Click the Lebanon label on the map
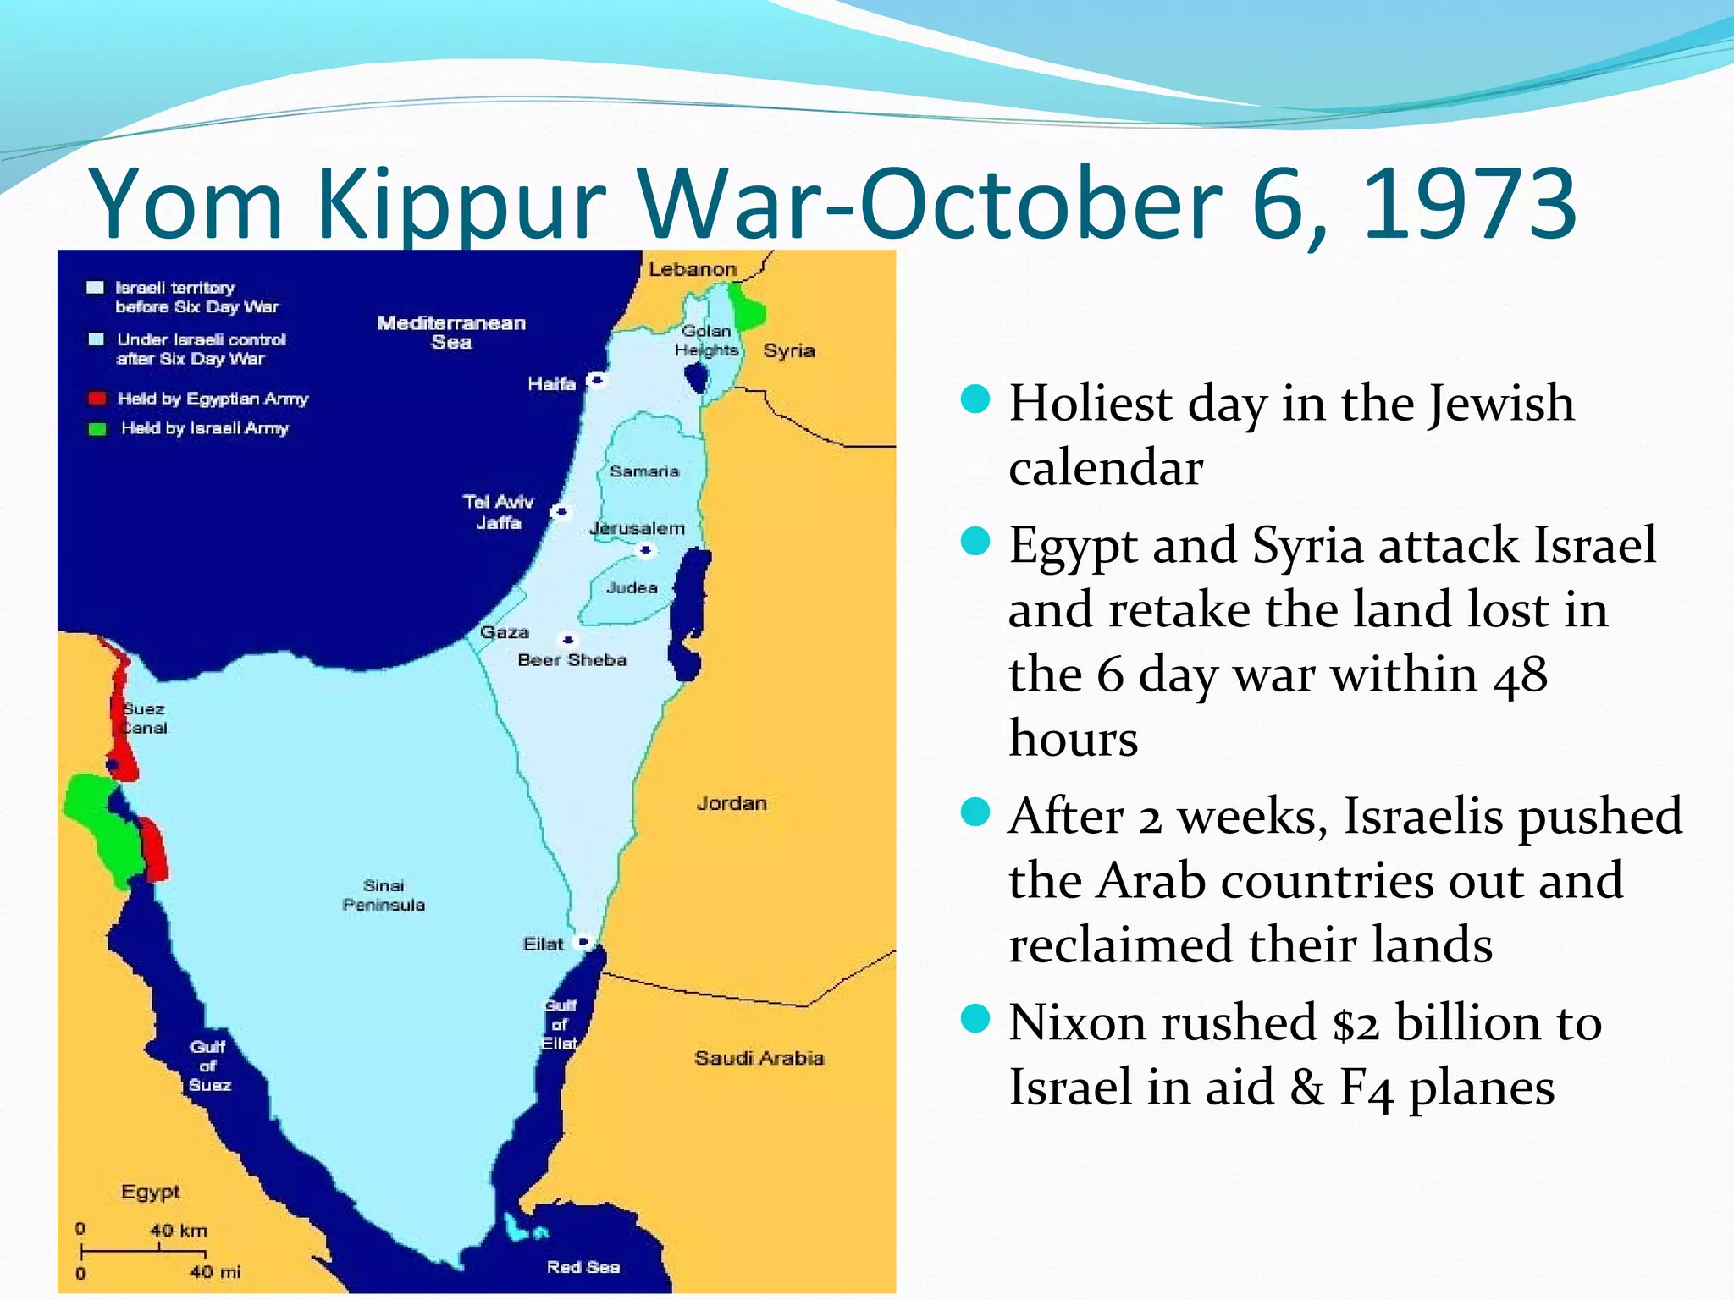tap(692, 269)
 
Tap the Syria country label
tap(788, 350)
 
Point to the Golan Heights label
tap(706, 340)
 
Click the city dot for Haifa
tap(597, 380)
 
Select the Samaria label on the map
tap(644, 471)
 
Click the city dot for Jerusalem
tap(645, 550)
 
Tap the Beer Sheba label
tap(572, 660)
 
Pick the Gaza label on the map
tap(505, 632)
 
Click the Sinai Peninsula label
tap(384, 895)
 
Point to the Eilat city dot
tap(583, 942)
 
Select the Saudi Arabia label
tap(759, 1058)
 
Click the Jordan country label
tap(732, 803)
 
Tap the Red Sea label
tap(583, 1267)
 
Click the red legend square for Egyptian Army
tap(97, 399)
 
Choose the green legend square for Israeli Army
tap(97, 428)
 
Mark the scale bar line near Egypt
tap(143, 1251)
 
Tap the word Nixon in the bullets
tap(1078, 1022)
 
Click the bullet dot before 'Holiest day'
tap(975, 399)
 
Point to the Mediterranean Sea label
tap(451, 333)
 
